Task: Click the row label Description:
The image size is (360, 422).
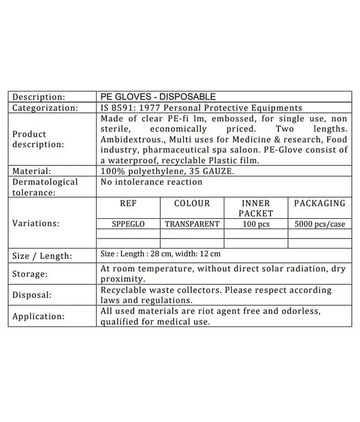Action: [38, 97]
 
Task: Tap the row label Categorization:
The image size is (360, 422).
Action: [45, 108]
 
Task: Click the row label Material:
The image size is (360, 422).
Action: [32, 171]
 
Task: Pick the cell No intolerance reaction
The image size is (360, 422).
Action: [151, 182]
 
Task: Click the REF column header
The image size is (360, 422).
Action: [128, 203]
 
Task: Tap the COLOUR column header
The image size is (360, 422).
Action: [192, 203]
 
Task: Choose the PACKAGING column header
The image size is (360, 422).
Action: [320, 203]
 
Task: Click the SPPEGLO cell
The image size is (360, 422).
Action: [128, 224]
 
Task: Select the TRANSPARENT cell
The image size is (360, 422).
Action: [192, 224]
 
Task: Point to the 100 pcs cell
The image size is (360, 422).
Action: [255, 224]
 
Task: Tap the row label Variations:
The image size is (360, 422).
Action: [36, 223]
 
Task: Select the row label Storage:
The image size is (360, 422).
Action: [30, 274]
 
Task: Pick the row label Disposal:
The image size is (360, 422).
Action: [32, 295]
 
